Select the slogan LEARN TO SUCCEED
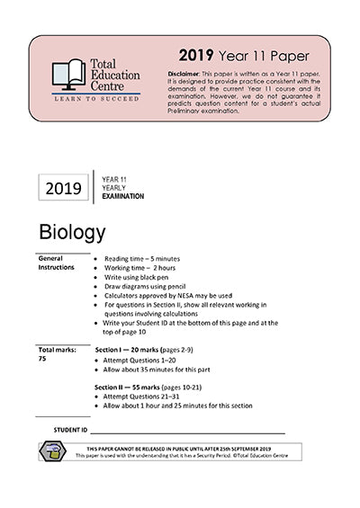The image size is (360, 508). [96, 99]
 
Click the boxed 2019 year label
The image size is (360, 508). [63, 188]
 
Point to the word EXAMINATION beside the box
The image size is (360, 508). [123, 196]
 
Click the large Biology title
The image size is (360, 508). [73, 233]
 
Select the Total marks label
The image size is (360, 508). [57, 349]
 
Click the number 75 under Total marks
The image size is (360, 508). [42, 358]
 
